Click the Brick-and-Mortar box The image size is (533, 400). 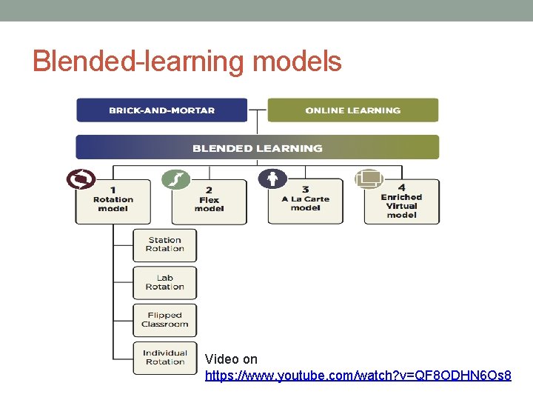point(161,110)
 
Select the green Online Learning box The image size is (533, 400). point(352,110)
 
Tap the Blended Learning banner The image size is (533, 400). point(258,147)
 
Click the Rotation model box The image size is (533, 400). point(113,201)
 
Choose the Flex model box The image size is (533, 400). point(209,201)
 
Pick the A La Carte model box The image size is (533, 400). point(305,201)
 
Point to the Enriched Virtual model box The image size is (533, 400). point(401,201)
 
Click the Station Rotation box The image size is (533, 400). point(165,244)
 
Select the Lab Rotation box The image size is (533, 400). point(165,282)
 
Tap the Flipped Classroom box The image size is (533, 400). point(165,320)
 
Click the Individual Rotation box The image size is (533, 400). point(165,358)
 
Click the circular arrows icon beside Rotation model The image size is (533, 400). point(81,180)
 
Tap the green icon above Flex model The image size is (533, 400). point(176,179)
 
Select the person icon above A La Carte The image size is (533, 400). point(272,179)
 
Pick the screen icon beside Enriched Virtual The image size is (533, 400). point(369,179)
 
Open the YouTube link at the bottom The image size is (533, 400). point(358,376)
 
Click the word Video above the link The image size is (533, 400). point(221,359)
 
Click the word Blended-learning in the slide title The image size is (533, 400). point(138,61)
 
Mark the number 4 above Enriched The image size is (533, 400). point(401,187)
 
